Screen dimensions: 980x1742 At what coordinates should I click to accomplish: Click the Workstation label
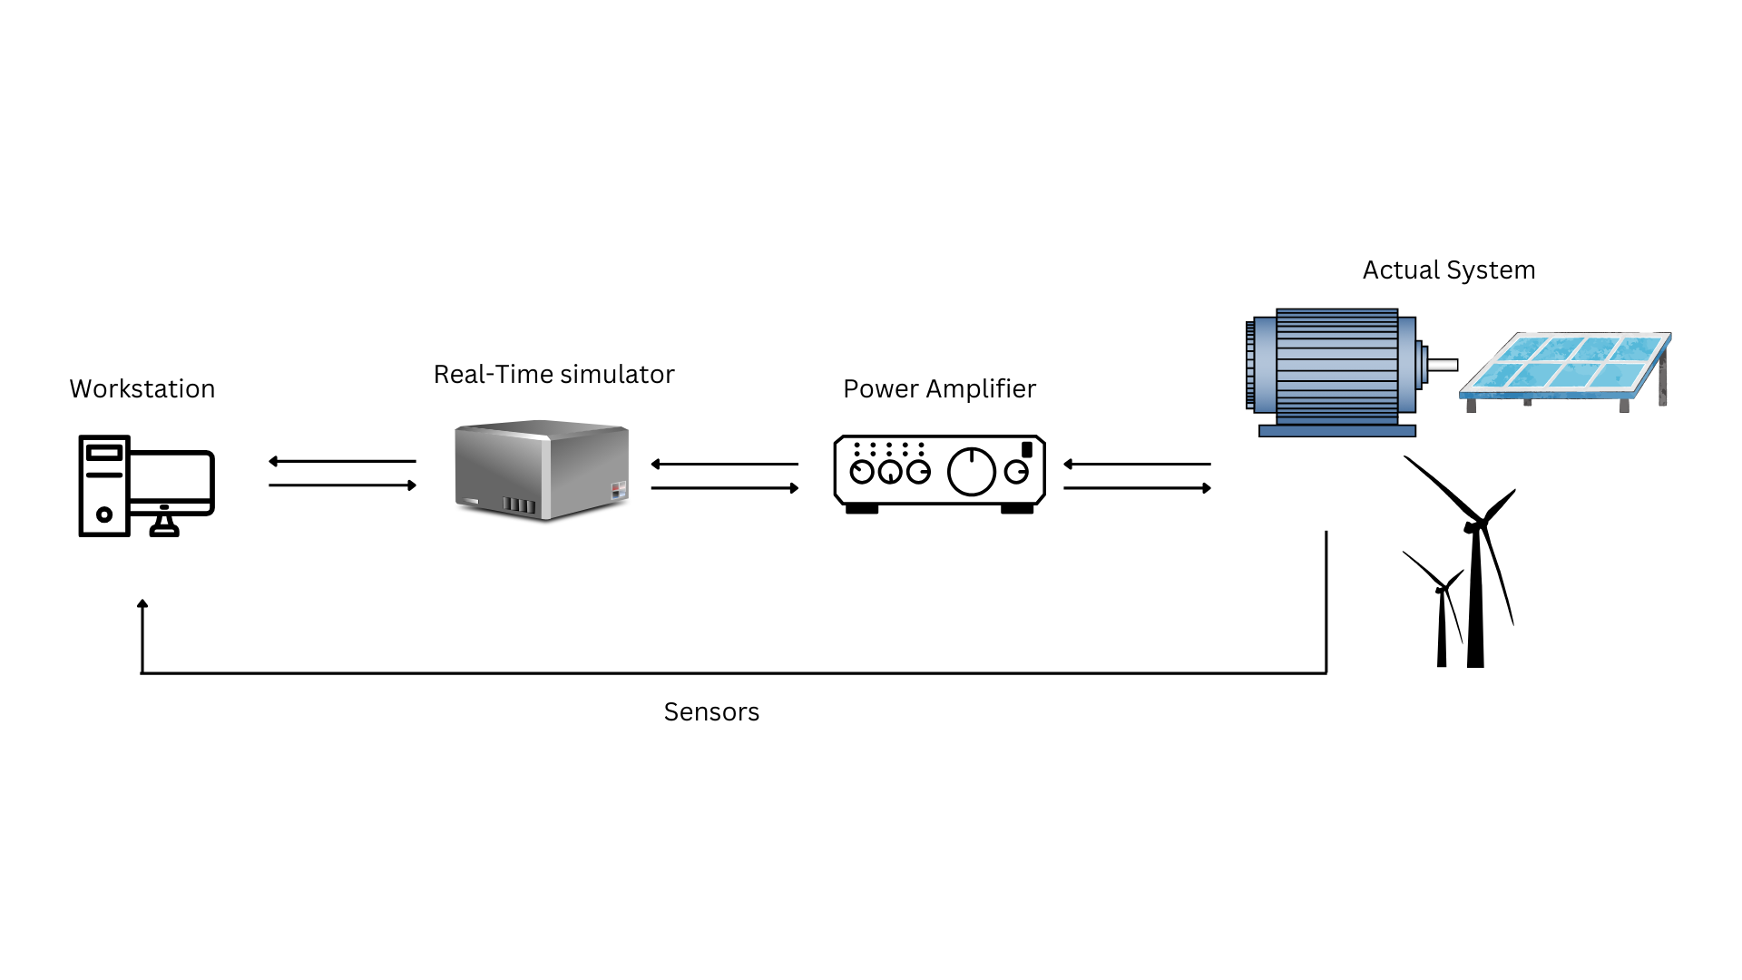(142, 389)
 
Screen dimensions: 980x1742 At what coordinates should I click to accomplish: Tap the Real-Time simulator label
(553, 375)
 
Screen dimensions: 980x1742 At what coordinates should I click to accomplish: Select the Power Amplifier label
(939, 389)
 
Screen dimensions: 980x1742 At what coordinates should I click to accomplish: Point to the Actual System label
(1448, 270)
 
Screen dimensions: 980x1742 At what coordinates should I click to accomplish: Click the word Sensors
(711, 712)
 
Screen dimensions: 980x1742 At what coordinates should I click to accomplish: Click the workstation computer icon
(146, 486)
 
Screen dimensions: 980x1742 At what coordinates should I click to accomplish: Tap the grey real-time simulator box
(542, 470)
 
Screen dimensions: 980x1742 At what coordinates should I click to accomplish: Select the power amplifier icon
(939, 474)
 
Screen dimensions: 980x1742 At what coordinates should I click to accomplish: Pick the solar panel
(1568, 367)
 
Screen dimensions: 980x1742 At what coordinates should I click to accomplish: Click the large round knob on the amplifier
(971, 472)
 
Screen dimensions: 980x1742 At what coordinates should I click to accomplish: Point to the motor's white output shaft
(1443, 366)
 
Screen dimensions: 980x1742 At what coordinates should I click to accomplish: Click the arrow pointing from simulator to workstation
(342, 462)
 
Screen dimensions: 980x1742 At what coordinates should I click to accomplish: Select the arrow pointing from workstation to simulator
(342, 485)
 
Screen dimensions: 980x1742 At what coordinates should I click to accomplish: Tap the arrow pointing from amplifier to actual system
(1137, 488)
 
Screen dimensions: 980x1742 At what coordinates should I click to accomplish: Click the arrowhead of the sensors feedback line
(142, 603)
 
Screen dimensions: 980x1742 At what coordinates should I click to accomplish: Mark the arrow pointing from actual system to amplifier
(1137, 465)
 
